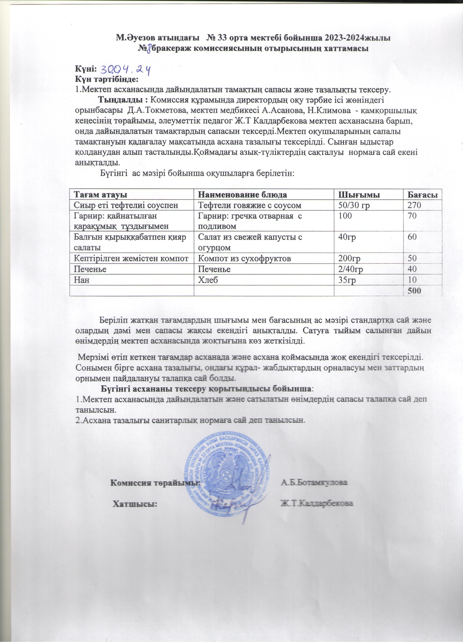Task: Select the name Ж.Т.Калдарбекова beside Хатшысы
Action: [317, 504]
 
